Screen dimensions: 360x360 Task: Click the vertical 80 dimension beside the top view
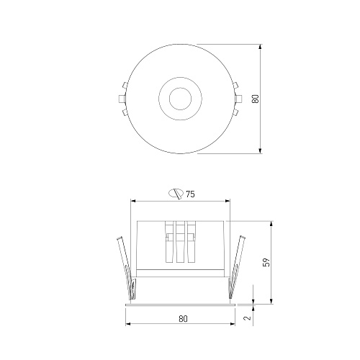[256, 99]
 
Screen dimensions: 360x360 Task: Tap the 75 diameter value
[190, 194]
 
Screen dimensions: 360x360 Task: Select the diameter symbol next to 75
[176, 194]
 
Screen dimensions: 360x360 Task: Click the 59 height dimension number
[266, 262]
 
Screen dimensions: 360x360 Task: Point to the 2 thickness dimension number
[247, 318]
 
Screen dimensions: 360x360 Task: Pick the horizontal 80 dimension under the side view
[183, 319]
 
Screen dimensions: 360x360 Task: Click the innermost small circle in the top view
[180, 99]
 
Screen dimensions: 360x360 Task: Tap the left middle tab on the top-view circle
[122, 99]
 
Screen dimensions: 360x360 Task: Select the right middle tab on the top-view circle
[238, 99]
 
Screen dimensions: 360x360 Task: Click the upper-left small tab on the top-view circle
[125, 85]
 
